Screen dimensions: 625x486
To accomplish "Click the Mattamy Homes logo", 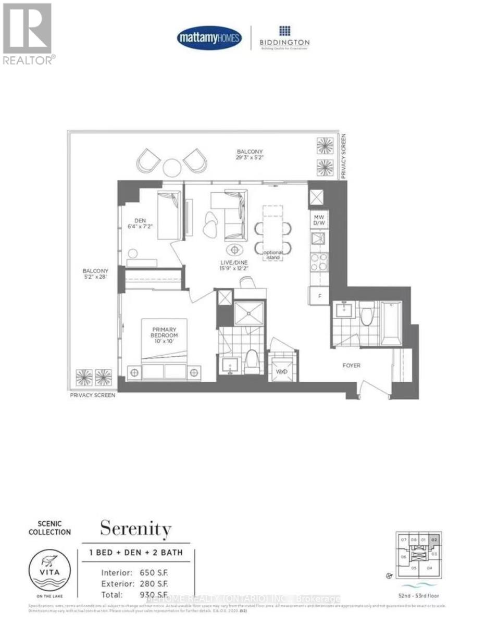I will point(209,38).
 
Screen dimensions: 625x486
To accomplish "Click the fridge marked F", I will point(319,296).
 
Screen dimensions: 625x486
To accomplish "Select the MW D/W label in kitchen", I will point(319,219).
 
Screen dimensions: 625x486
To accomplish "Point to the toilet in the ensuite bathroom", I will point(253,359).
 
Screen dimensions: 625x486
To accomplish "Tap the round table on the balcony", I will point(172,167).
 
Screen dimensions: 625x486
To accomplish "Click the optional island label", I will point(273,255).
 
